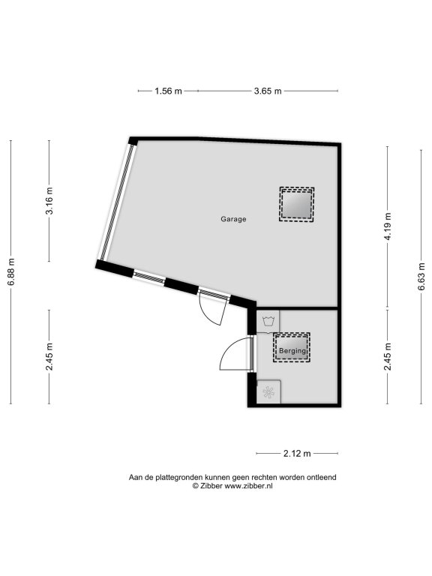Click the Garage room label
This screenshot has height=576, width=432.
pos(233,219)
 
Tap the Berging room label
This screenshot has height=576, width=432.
pos(292,351)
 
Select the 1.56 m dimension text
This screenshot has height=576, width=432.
pos(168,91)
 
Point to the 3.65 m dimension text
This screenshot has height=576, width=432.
pos(268,91)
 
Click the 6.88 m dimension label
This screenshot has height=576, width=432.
pos(11,271)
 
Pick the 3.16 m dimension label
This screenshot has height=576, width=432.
pos(49,200)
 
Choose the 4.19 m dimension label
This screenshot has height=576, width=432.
pos(388,226)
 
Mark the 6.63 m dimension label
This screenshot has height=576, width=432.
pos(421,277)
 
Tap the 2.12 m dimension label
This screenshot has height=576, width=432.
pos(297,454)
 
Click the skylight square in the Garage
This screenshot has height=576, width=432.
pos(297,205)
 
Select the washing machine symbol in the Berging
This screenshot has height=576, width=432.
pos(268,322)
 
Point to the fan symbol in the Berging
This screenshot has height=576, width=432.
pos(268,392)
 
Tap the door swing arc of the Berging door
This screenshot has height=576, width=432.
pos(229,349)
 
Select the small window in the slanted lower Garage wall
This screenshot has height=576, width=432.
pos(148,277)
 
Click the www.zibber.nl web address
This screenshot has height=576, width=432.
pos(248,486)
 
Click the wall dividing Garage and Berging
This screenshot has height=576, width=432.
pos(297,308)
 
